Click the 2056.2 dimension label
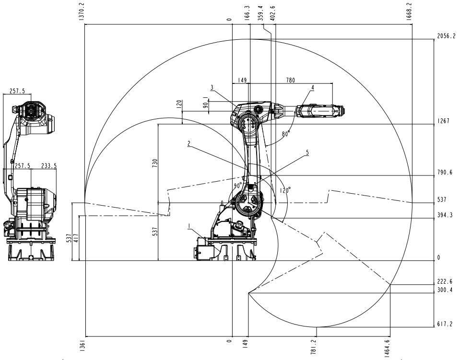[446, 36]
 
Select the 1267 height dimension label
[443, 121]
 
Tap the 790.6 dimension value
[445, 173]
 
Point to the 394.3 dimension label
[445, 215]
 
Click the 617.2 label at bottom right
[445, 324]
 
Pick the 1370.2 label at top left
[82, 12]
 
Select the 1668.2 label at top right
[409, 12]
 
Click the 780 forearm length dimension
[290, 80]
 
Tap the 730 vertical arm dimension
[155, 163]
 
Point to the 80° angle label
[286, 134]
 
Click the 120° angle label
[285, 190]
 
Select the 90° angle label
[238, 186]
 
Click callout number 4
[313, 88]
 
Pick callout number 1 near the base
[189, 226]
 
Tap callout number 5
[307, 152]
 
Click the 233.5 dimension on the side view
[48, 166]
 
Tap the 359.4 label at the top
[260, 13]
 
